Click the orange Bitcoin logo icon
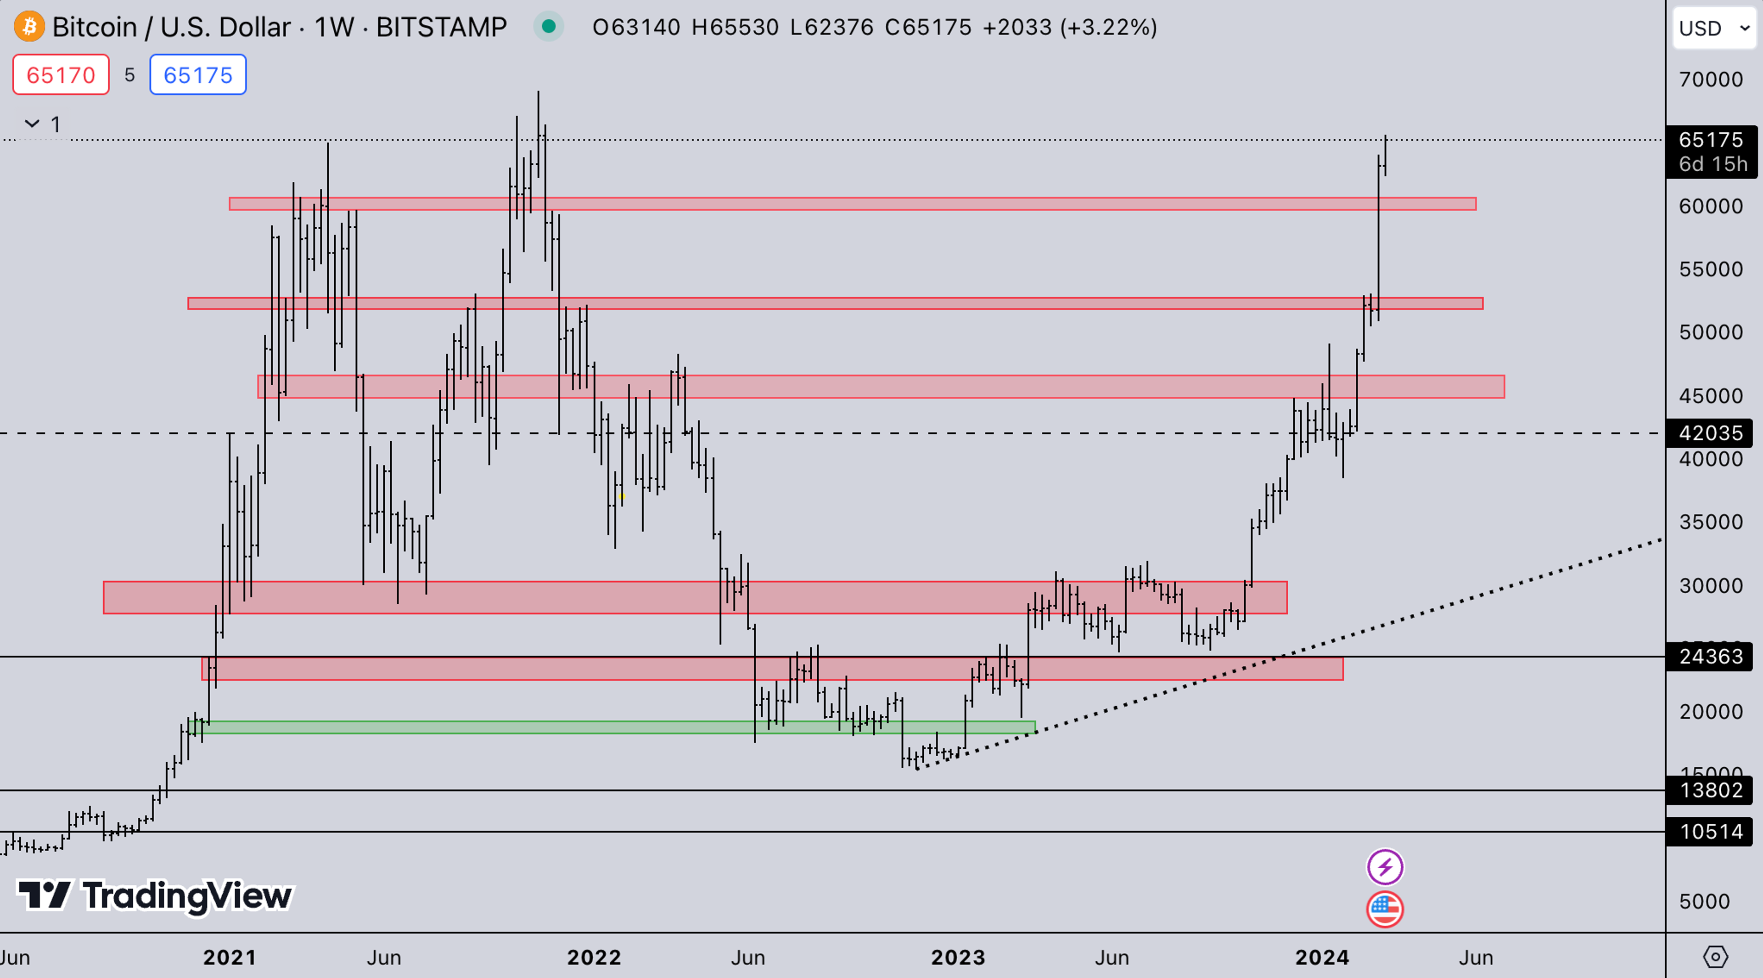pos(29,27)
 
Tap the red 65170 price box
pos(61,74)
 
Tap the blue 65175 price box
pos(198,74)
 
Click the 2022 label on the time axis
pos(593,957)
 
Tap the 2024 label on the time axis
pos(1322,957)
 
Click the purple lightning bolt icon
pos(1385,867)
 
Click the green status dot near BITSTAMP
pos(548,27)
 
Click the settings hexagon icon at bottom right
pos(1715,957)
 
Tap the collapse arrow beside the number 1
pos(32,124)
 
